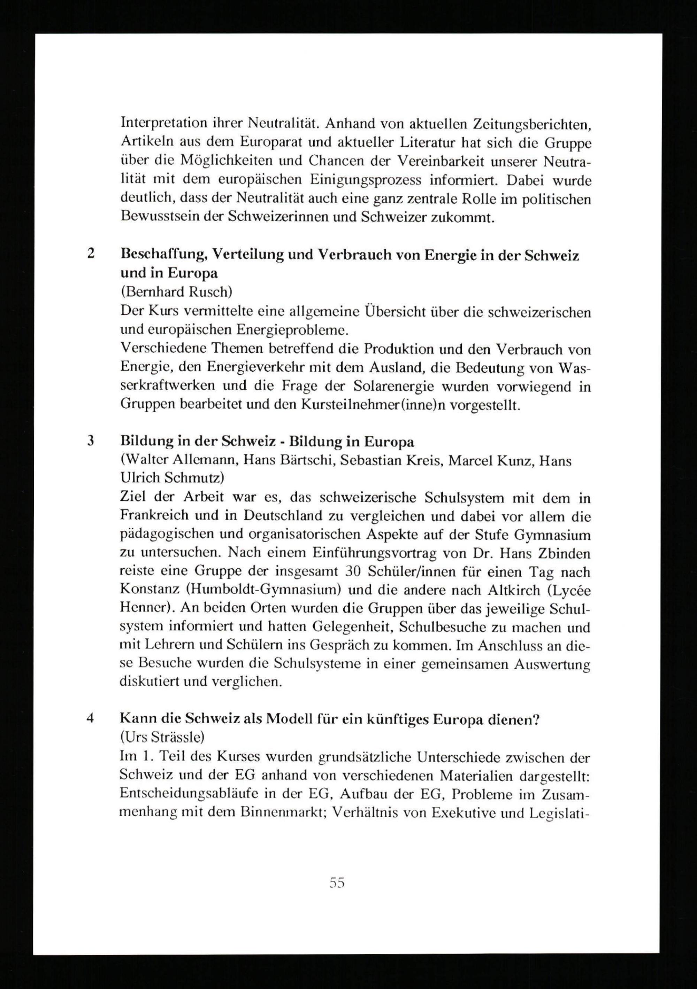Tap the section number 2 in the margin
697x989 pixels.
91,254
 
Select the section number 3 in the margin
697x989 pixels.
91,442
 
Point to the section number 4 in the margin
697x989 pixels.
90,718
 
